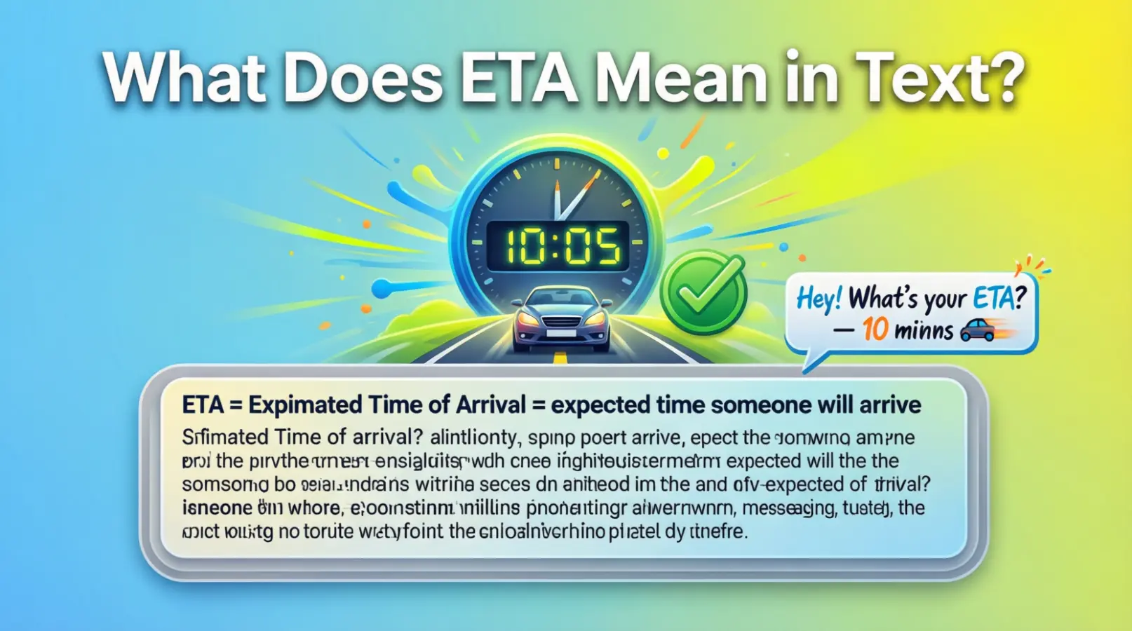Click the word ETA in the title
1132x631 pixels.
tap(519, 77)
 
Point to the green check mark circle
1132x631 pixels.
tap(703, 292)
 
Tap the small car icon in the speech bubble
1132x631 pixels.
tap(978, 330)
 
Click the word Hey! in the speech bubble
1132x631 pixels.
tap(819, 299)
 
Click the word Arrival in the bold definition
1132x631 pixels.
tap(491, 405)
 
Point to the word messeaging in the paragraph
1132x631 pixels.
tap(788, 508)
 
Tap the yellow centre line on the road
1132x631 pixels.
tap(560, 358)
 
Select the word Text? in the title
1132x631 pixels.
tap(940, 77)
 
